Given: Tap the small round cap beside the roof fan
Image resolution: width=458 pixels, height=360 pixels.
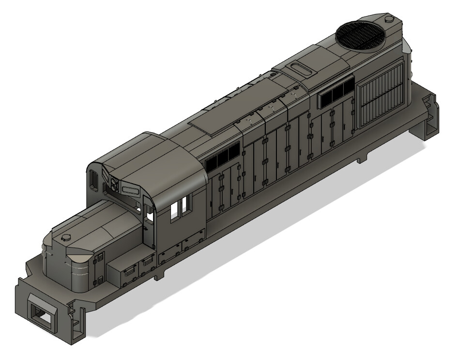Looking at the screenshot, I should [388, 19].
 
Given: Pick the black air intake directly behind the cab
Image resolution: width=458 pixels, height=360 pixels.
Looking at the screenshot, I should [222, 157].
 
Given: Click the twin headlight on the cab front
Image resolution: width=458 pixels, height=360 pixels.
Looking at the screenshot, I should [114, 183].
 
